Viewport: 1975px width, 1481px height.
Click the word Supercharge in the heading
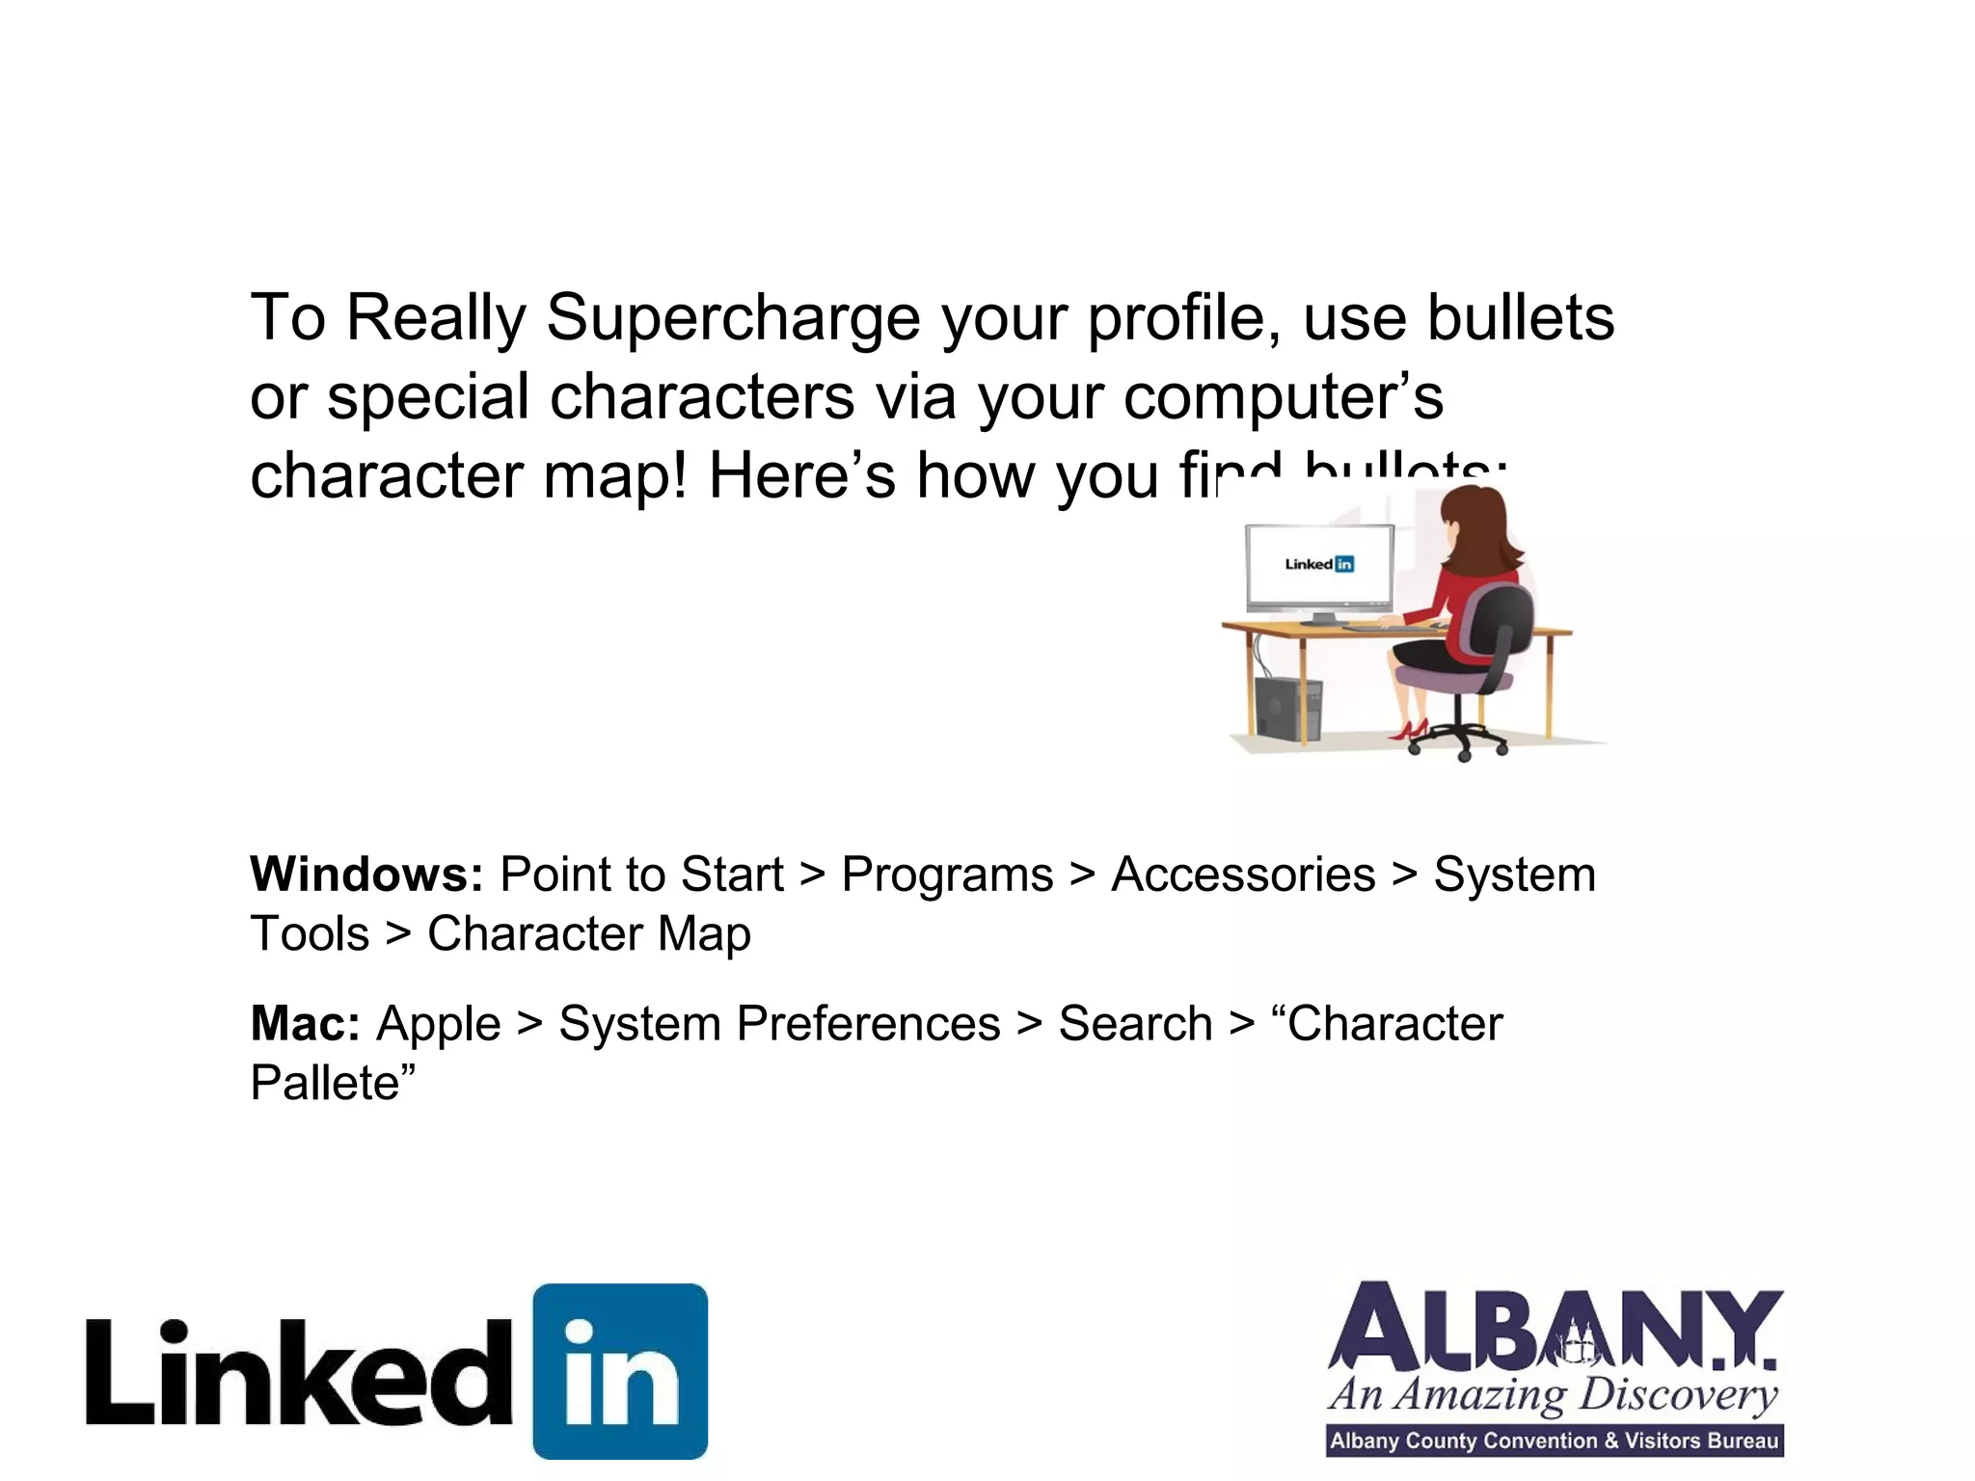coord(733,318)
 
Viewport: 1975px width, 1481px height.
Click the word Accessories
coord(1243,875)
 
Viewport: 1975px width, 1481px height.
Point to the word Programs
coord(947,875)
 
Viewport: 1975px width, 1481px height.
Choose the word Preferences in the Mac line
coord(868,1023)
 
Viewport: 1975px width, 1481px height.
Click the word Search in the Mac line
coord(1135,1023)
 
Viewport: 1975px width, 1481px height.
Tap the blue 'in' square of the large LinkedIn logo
coord(620,1370)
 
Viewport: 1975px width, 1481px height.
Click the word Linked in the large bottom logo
coord(299,1374)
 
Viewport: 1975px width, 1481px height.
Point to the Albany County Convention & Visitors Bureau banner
coord(1555,1441)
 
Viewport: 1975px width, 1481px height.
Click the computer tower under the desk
coord(1287,709)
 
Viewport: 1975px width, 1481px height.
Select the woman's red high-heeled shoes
coord(1410,729)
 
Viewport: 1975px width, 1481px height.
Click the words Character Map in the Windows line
coord(588,934)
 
